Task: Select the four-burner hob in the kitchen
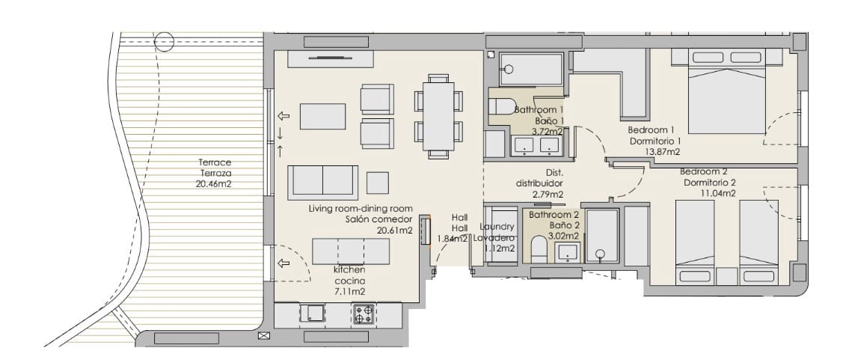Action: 364,314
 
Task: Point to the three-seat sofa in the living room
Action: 322,181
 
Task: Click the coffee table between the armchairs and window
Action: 323,117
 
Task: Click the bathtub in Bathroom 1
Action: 530,69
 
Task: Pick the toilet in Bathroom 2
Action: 538,248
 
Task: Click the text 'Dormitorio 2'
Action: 710,182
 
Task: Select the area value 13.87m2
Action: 662,152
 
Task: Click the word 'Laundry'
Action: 497,226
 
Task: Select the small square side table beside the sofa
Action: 378,183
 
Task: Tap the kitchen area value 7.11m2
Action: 349,291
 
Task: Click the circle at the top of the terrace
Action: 165,42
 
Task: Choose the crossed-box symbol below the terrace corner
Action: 263,336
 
